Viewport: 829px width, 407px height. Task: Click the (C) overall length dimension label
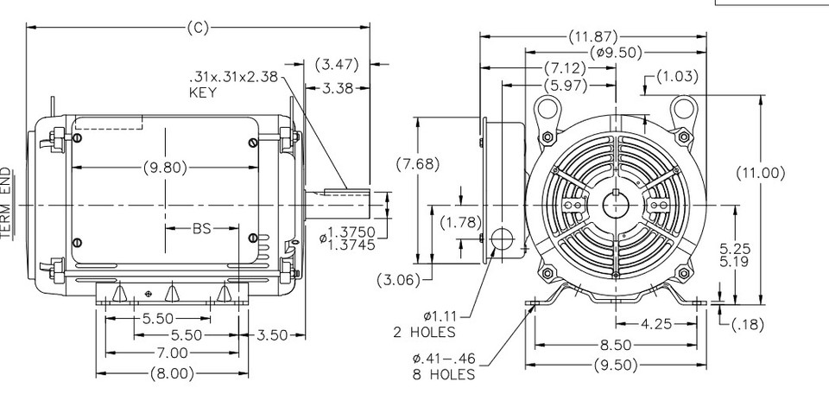click(198, 28)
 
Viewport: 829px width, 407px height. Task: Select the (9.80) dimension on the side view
click(164, 168)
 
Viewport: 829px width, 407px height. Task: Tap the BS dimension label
click(201, 229)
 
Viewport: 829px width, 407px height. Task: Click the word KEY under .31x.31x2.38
click(204, 92)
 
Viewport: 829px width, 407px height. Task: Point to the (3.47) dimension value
click(337, 64)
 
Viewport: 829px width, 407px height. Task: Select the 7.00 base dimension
click(173, 353)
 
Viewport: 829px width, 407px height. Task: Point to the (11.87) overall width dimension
click(593, 36)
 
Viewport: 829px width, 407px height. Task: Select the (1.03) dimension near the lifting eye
click(677, 76)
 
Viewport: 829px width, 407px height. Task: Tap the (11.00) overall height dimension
click(760, 173)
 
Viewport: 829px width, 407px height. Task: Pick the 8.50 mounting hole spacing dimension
click(615, 345)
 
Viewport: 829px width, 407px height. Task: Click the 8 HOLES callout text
click(444, 374)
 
